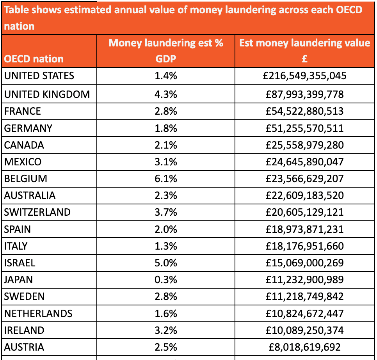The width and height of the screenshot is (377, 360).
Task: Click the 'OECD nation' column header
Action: pos(34,59)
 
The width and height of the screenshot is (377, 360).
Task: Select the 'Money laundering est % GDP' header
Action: pos(166,51)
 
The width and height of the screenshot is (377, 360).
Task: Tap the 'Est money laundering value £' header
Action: pos(304,51)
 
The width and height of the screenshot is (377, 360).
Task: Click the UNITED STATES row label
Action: pos(39,76)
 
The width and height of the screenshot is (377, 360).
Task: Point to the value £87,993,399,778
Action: pos(304,94)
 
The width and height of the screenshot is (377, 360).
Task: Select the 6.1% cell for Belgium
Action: pos(166,179)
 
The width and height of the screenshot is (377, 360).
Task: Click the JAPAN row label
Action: pos(18,280)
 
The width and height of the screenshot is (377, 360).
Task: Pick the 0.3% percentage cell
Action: pos(166,280)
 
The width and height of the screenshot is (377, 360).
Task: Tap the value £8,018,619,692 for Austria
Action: pos(304,347)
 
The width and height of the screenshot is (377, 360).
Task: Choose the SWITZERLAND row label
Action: pos(37,212)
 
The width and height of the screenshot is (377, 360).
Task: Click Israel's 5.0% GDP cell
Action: pos(166,263)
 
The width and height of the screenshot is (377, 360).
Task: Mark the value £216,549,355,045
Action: pos(304,76)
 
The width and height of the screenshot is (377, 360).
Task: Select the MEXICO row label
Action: pos(23,162)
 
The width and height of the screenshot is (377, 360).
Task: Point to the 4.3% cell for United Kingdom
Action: pos(166,94)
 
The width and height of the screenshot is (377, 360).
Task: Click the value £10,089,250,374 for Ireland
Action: pos(304,330)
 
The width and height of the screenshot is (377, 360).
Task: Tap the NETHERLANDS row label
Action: pos(38,314)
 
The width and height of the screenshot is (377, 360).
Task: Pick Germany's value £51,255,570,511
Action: pos(304,128)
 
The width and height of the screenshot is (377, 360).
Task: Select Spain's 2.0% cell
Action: pos(166,229)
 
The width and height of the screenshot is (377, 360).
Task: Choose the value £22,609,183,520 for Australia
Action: pos(304,195)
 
